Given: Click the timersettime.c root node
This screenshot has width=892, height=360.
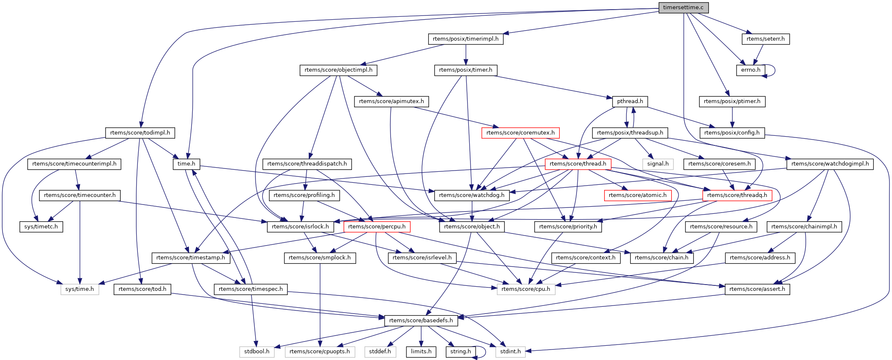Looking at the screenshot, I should tap(683, 8).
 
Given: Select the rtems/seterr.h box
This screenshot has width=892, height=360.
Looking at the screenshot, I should tap(765, 39).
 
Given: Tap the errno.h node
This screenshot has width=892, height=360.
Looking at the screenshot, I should tap(750, 70).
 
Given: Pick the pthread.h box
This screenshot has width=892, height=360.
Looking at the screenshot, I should tap(630, 101).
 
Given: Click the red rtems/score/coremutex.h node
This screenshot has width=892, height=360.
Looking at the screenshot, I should tap(520, 133).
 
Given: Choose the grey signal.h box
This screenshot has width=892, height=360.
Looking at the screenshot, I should tap(658, 164).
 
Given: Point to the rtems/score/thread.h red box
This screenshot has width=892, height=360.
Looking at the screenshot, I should tap(578, 164).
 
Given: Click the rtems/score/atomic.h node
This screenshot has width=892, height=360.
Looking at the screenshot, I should tap(637, 195).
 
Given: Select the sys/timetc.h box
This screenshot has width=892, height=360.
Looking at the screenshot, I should tap(41, 227).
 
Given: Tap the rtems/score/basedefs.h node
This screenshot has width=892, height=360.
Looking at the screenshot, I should tap(421, 321).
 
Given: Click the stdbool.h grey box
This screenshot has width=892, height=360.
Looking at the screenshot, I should tap(257, 352).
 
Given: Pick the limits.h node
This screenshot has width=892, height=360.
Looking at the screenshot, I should tap(421, 352).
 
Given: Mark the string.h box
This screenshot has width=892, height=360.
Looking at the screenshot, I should tap(460, 352).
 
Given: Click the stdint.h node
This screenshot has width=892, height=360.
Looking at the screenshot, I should tap(510, 352).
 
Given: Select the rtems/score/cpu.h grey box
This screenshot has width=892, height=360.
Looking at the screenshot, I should tap(526, 289).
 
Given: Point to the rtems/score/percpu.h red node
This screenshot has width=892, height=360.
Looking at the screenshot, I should tap(377, 227).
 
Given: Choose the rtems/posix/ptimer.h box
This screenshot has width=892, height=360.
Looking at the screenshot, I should tap(732, 101).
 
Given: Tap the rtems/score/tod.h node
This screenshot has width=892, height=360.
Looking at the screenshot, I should tap(142, 289).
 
